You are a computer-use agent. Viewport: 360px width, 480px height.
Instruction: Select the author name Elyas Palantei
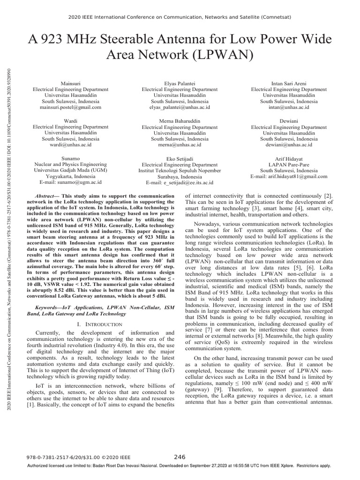tap(180, 83)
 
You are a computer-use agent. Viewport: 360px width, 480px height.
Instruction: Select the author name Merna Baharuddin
tap(180, 120)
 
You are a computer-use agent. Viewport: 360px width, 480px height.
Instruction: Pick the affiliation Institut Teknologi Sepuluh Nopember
tap(180, 171)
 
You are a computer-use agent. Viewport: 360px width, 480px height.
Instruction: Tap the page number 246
tap(180, 457)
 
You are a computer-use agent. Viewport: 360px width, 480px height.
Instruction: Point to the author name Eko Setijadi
tap(180, 159)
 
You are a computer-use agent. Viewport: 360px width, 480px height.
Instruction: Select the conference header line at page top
tap(180, 17)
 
